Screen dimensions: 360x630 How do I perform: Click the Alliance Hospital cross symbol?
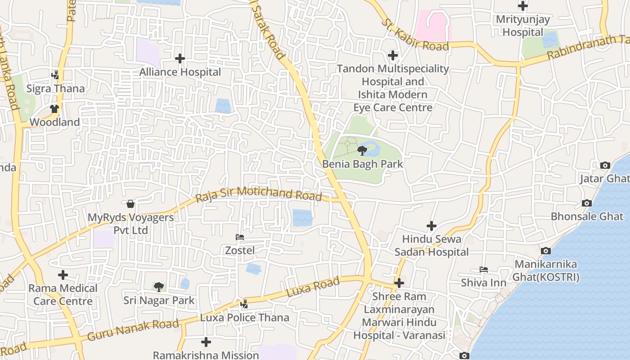(x=180, y=58)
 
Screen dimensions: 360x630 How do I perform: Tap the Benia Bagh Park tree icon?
(x=362, y=150)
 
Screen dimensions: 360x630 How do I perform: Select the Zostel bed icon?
(x=240, y=237)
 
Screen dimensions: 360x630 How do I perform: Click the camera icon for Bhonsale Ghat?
(x=586, y=203)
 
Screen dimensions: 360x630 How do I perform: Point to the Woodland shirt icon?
(x=54, y=109)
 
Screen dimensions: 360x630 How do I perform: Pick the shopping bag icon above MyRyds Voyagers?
(x=130, y=204)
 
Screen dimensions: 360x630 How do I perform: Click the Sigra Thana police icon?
(x=55, y=75)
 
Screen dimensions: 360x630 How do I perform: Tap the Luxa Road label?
(x=313, y=287)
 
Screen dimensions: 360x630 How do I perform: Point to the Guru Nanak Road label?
(x=133, y=330)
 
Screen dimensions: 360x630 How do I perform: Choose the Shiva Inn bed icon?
(x=484, y=270)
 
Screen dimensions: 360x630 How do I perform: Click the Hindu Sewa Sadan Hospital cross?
(x=432, y=225)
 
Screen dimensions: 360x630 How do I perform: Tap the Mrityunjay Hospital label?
(x=523, y=26)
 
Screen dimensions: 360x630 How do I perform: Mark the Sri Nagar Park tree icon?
(x=158, y=287)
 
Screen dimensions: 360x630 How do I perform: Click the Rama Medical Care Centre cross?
(x=63, y=274)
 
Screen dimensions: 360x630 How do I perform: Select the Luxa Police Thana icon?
(x=244, y=304)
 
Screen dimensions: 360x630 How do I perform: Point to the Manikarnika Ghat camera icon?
(x=545, y=251)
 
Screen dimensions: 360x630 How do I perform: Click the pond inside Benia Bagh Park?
(x=370, y=147)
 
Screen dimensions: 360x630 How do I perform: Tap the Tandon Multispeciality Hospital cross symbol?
(x=393, y=55)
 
